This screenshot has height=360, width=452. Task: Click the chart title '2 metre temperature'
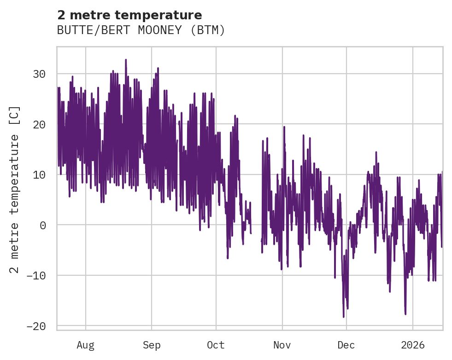pyautogui.click(x=129, y=15)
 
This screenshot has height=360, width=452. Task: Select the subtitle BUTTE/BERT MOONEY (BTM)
pyautogui.click(x=141, y=30)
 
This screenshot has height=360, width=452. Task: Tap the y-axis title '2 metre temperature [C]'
pyautogui.click(x=15, y=189)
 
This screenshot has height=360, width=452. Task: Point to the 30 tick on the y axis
pyautogui.click(x=42, y=74)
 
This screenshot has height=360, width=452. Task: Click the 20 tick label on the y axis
pyautogui.click(x=42, y=124)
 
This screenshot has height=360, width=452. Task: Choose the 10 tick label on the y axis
pyautogui.click(x=42, y=174)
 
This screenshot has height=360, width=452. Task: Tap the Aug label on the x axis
pyautogui.click(x=85, y=344)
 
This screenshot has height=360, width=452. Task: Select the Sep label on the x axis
pyautogui.click(x=151, y=344)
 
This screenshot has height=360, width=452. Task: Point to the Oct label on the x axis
pyautogui.click(x=216, y=344)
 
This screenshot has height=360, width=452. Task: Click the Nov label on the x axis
pyautogui.click(x=282, y=344)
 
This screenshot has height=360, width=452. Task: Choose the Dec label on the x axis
pyautogui.click(x=346, y=344)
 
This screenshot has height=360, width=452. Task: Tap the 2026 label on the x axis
pyautogui.click(x=413, y=344)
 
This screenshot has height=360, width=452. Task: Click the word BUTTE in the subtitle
pyautogui.click(x=72, y=30)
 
